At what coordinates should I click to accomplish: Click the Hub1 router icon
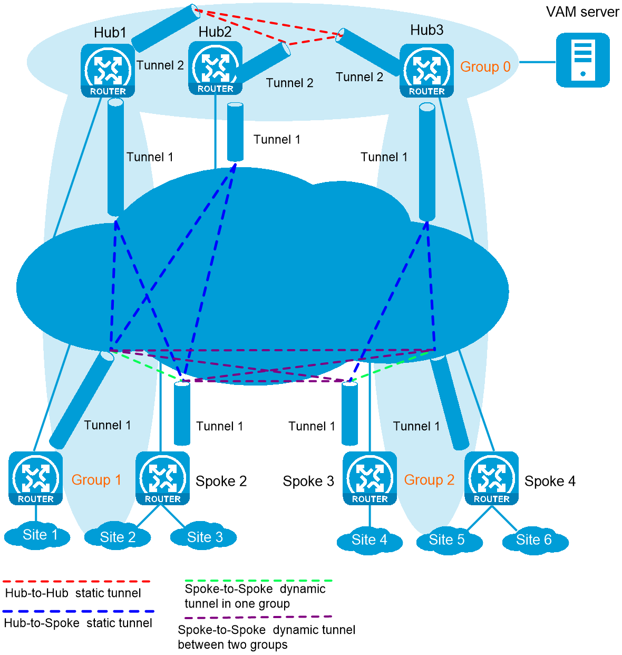108,71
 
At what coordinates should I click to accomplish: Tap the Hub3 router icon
426,71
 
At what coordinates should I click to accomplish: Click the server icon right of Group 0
582,60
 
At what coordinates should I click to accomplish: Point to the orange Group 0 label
485,67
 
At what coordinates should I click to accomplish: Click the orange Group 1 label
96,480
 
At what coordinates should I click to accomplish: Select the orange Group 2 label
429,480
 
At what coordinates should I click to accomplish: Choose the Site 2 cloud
118,537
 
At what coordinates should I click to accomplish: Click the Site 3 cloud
204,537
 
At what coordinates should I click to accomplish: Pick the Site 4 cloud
369,540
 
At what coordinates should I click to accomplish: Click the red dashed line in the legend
76,581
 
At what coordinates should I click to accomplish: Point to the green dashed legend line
258,581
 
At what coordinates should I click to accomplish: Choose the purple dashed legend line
258,617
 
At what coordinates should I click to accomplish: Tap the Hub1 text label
110,33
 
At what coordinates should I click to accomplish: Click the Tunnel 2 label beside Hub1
160,65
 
